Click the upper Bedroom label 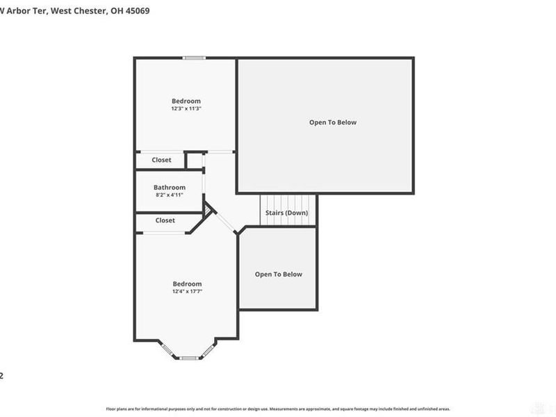[x=186, y=101]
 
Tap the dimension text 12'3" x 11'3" [x=186, y=108]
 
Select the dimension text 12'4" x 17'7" [x=187, y=291]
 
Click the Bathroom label [x=170, y=187]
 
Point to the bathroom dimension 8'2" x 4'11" [x=170, y=195]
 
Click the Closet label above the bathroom [x=161, y=160]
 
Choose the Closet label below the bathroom [x=165, y=220]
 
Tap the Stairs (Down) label [x=286, y=213]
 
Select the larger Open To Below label [x=333, y=122]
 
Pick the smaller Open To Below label [x=278, y=274]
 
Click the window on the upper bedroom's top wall [x=193, y=58]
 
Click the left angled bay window [x=168, y=350]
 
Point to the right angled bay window [x=208, y=350]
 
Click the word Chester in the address [x=88, y=10]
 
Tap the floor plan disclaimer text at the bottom [x=278, y=409]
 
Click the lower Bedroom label [x=187, y=284]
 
